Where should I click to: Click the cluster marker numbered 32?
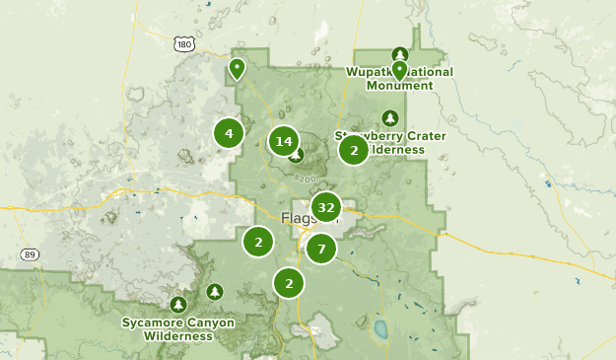coord(325,207)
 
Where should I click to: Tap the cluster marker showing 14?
coord(284,141)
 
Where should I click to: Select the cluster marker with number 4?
coord(229,133)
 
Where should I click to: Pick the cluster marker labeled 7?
coord(320,249)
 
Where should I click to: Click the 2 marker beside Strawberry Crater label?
coord(354,150)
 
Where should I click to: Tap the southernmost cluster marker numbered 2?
coord(288,283)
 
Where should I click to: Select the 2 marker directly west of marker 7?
coord(258,241)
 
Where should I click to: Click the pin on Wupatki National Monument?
coord(399,70)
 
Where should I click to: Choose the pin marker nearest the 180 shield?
coord(237,68)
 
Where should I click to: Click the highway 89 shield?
coord(30,254)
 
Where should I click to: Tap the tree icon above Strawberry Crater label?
coord(390,116)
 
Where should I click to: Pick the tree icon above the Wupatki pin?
coord(399,52)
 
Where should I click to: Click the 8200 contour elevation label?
coord(305,179)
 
